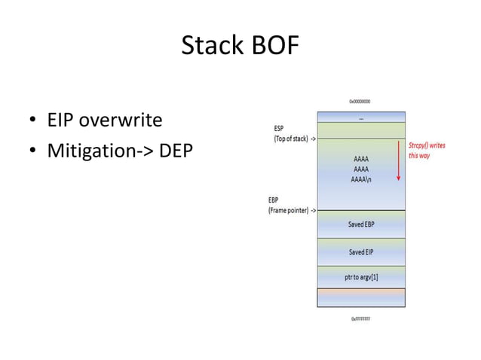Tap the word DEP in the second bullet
click(x=175, y=151)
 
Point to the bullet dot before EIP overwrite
click(x=34, y=121)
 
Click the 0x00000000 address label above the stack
click(x=360, y=101)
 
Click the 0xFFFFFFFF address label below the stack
click(x=360, y=319)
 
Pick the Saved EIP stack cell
click(x=361, y=252)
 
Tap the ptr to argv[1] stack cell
click(x=361, y=277)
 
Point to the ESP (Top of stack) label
click(x=293, y=133)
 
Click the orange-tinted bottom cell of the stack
click(x=361, y=297)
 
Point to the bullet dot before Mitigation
click(x=34, y=152)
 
